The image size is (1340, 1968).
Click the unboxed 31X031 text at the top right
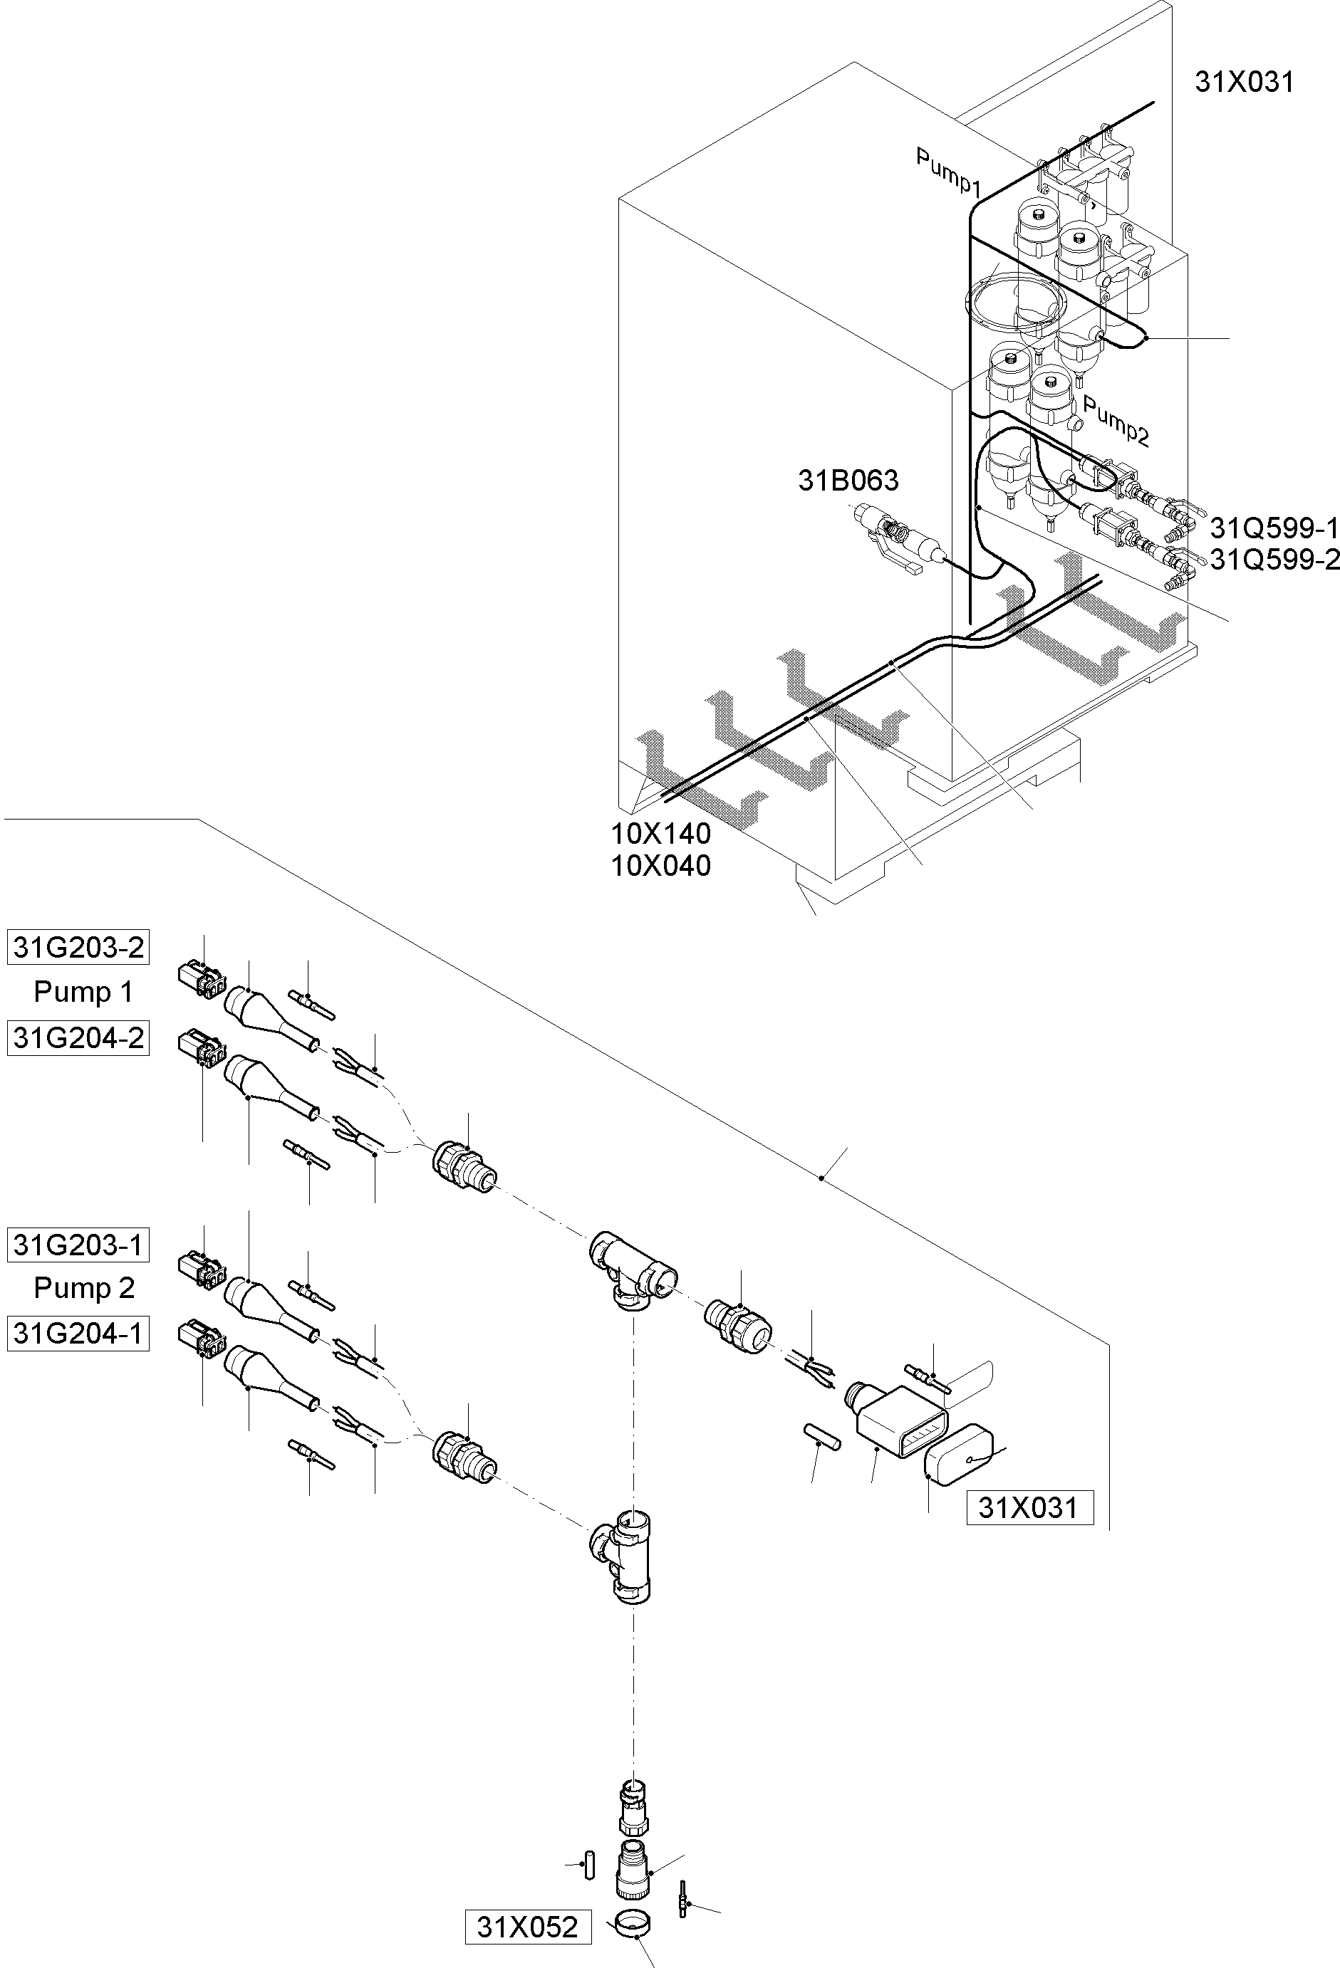[x=1243, y=82]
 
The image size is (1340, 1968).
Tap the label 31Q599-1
[x=1274, y=528]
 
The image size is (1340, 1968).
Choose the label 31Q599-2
[x=1274, y=560]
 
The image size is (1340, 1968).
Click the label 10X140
[x=660, y=833]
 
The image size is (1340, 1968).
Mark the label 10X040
[x=660, y=865]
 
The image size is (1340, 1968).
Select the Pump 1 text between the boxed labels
[x=83, y=992]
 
